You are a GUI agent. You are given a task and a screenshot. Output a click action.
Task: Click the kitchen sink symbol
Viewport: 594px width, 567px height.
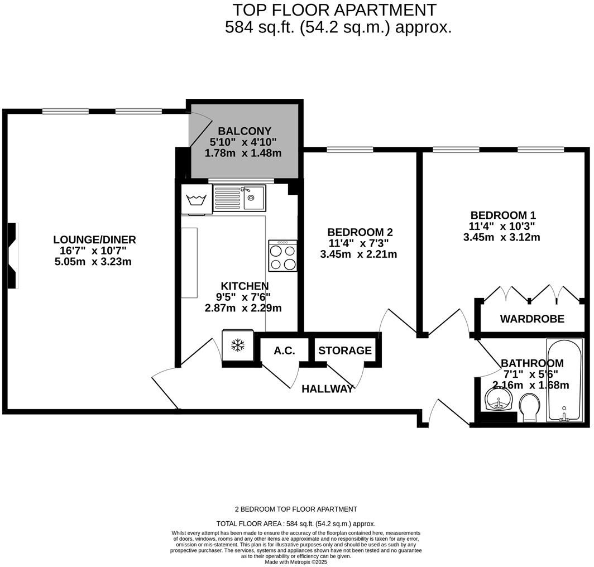pyautogui.click(x=239, y=198)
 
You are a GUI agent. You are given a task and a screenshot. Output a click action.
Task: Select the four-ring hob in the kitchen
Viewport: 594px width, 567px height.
pyautogui.click(x=282, y=256)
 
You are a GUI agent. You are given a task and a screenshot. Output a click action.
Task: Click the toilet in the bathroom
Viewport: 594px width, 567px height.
pyautogui.click(x=529, y=407)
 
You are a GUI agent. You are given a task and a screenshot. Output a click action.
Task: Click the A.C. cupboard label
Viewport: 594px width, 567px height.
pyautogui.click(x=284, y=351)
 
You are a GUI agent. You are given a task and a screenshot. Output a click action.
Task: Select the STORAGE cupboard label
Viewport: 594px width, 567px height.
pyautogui.click(x=344, y=350)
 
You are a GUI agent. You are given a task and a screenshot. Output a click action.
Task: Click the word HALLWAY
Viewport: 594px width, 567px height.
pyautogui.click(x=328, y=389)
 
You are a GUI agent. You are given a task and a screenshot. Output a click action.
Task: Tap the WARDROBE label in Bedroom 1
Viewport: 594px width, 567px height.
pyautogui.click(x=531, y=319)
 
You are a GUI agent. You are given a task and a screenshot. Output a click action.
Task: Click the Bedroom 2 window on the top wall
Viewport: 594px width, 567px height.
pyautogui.click(x=349, y=150)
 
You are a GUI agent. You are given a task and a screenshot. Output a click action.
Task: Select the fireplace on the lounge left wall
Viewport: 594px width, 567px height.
pyautogui.click(x=13, y=256)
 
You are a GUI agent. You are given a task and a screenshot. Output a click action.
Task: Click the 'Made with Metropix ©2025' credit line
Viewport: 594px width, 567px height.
pyautogui.click(x=296, y=562)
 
